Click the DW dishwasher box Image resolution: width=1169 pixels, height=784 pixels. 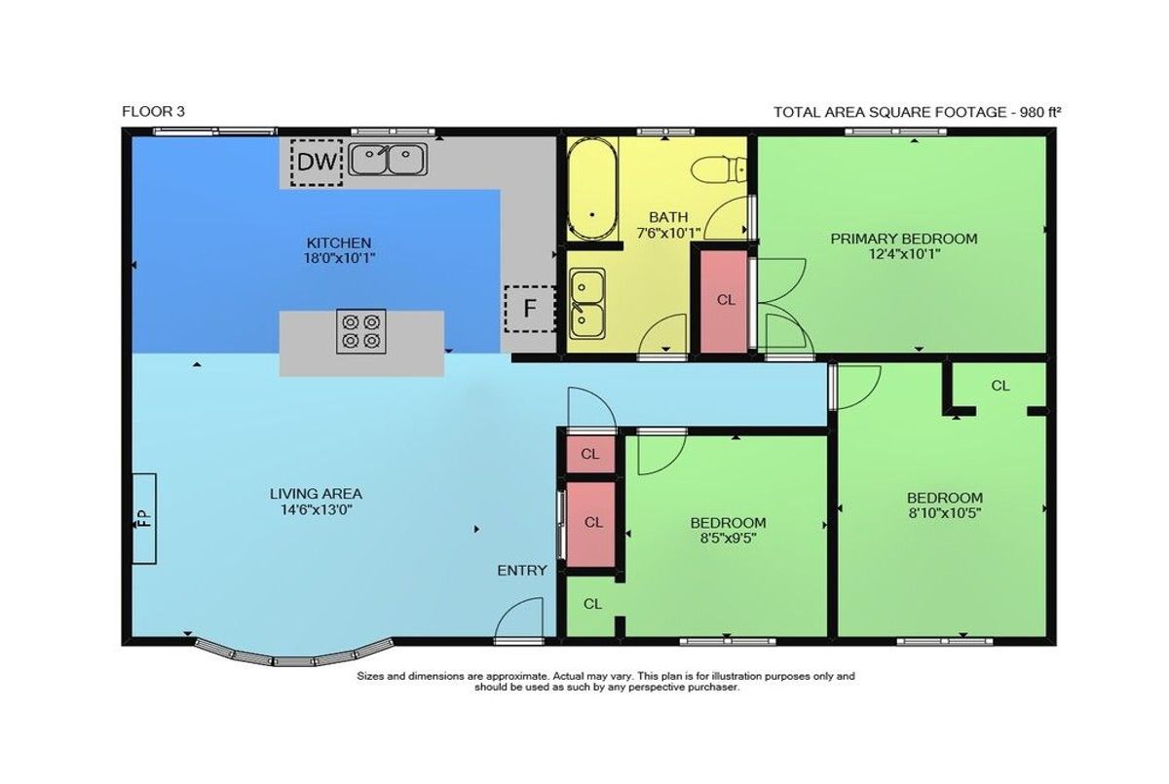click(x=317, y=163)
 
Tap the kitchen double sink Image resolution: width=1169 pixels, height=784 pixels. click(x=388, y=159)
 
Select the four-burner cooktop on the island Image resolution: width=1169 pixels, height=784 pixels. click(x=361, y=331)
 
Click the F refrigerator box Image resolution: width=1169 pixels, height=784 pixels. click(x=530, y=309)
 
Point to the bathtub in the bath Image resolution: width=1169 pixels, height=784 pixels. click(x=592, y=189)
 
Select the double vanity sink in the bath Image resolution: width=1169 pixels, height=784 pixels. click(x=587, y=304)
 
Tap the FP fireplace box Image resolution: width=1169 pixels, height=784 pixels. click(x=144, y=518)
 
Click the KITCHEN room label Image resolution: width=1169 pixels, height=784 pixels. click(x=339, y=243)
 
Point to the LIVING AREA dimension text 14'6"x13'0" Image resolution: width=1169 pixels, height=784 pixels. click(x=317, y=509)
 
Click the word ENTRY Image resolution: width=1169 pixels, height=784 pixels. click(x=522, y=570)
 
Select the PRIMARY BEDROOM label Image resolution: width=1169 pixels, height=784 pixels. click(x=904, y=239)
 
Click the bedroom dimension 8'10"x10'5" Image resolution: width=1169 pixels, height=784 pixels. click(x=945, y=512)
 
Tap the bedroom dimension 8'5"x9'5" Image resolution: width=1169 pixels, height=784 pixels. click(x=728, y=538)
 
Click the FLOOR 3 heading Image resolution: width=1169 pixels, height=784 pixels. click(x=154, y=112)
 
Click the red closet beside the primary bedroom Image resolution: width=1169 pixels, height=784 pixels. click(x=724, y=302)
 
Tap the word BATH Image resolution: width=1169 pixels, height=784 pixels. click(x=668, y=217)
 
